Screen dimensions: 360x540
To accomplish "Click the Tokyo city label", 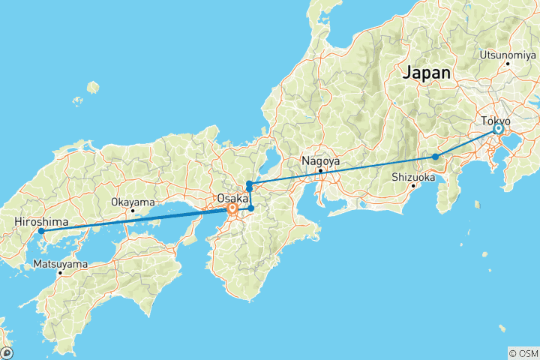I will pyautogui.click(x=496, y=121).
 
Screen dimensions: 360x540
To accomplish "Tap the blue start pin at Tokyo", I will pyautogui.click(x=498, y=129).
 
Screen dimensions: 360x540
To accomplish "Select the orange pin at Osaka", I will pyautogui.click(x=232, y=209).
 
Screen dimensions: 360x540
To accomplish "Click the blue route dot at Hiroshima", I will pyautogui.click(x=41, y=231).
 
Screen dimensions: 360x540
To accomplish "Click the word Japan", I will pyautogui.click(x=427, y=73).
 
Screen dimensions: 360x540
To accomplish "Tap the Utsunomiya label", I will pyautogui.click(x=506, y=55).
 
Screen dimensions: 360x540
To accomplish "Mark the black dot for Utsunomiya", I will pyautogui.click(x=508, y=63).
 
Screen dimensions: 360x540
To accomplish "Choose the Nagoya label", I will pyautogui.click(x=320, y=160).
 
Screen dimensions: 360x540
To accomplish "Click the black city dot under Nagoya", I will pyautogui.click(x=320, y=170).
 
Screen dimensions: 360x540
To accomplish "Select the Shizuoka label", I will pyautogui.click(x=413, y=178).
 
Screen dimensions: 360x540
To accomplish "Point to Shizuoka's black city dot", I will pyautogui.click(x=413, y=186).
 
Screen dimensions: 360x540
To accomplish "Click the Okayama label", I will pyautogui.click(x=133, y=202).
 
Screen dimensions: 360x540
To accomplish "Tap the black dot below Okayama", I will pyautogui.click(x=133, y=211).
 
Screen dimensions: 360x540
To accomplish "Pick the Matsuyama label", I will pyautogui.click(x=60, y=264).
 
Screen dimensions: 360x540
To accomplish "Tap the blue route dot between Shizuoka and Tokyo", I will pyautogui.click(x=435, y=157).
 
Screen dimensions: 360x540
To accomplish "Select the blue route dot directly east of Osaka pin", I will pyautogui.click(x=251, y=208).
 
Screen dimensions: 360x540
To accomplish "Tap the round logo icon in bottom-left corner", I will pyautogui.click(x=7, y=352).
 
